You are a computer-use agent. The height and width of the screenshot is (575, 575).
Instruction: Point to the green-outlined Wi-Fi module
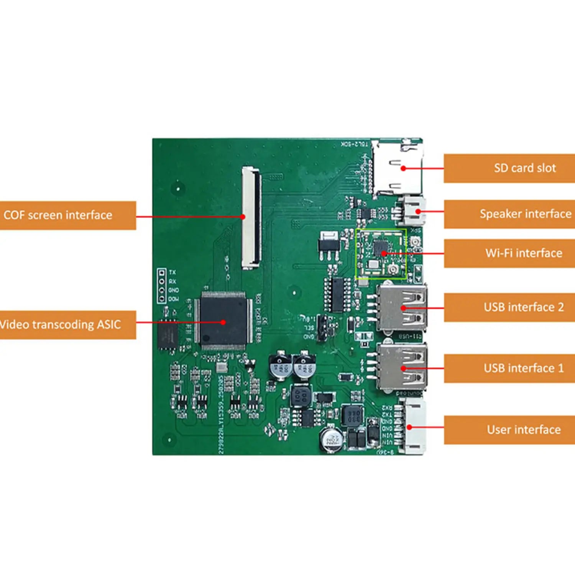tap(381, 253)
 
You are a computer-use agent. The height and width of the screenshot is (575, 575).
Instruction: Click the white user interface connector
tap(414, 426)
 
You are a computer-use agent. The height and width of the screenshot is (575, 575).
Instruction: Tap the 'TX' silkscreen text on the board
tap(172, 272)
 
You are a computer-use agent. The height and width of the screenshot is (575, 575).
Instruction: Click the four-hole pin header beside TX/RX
tap(162, 286)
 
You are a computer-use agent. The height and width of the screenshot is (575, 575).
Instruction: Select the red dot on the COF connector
tap(243, 217)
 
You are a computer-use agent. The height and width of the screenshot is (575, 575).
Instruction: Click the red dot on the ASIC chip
tap(223, 322)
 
